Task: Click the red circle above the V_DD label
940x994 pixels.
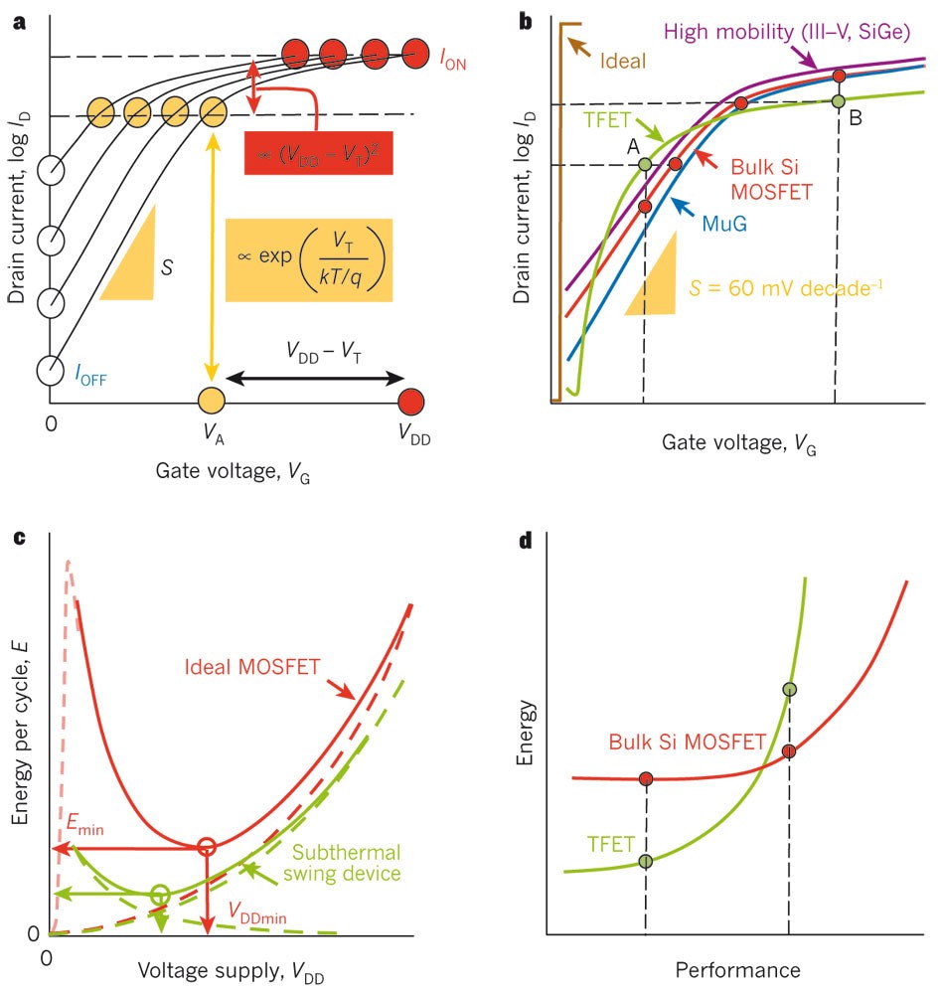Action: point(410,401)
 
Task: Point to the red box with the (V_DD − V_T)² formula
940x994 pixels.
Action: point(319,152)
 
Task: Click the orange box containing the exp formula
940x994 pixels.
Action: point(309,259)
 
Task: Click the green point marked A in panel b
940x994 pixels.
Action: point(645,164)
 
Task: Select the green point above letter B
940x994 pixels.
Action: point(838,101)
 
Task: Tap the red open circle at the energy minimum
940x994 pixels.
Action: point(206,847)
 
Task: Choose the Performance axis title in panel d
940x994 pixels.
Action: point(737,968)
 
